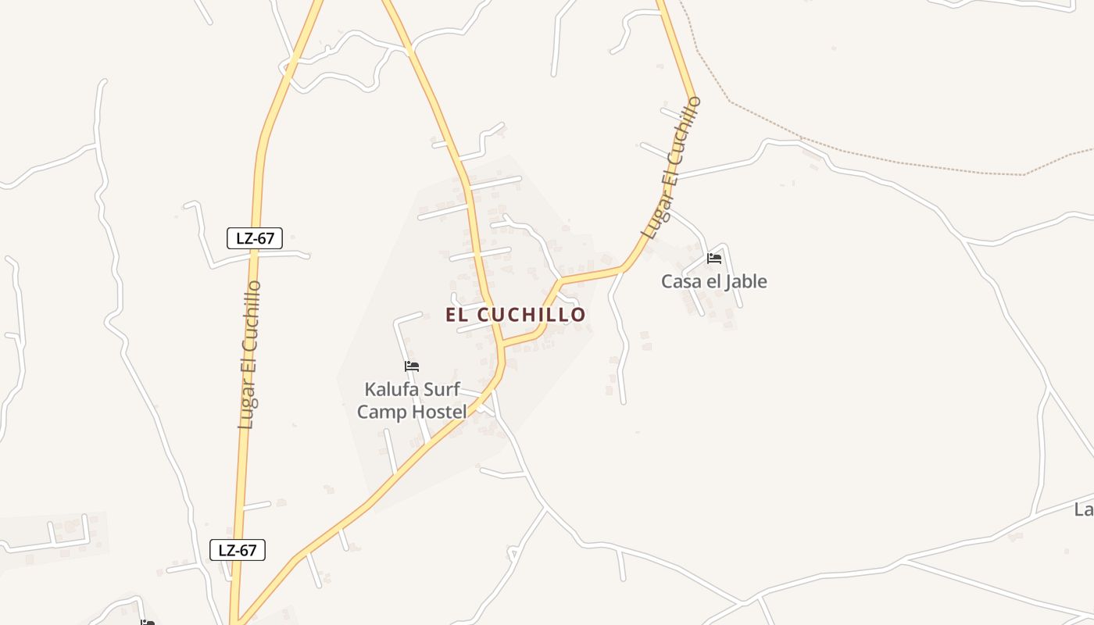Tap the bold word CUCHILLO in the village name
(531, 315)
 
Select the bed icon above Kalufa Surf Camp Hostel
(412, 366)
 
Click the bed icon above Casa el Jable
(713, 259)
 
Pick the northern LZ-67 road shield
(254, 238)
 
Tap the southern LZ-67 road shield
(238, 550)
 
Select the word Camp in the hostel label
(382, 412)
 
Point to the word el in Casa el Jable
(711, 281)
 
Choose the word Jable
(745, 281)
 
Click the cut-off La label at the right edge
(1083, 510)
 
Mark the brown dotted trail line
(899, 162)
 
